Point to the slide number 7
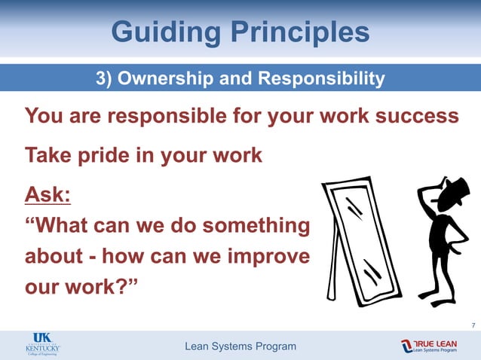(x=472, y=325)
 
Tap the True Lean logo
(x=429, y=346)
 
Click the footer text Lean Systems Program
(x=240, y=346)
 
